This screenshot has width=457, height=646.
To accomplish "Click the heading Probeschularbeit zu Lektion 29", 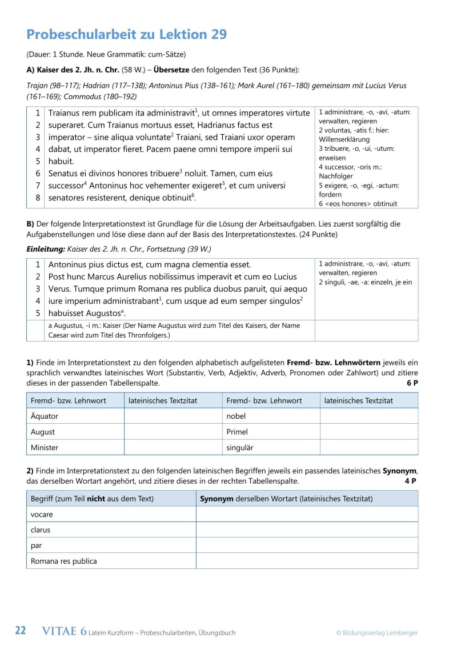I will (127, 34).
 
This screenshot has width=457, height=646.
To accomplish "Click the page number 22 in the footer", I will (21, 631).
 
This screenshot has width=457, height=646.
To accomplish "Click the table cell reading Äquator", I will (44, 416).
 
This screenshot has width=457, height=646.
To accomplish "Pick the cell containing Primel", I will (237, 432).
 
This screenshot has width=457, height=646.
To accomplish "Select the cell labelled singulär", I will (240, 447).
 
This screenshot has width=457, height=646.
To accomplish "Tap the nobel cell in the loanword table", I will (236, 416).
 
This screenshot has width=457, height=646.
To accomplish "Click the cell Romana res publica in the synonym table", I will (63, 561).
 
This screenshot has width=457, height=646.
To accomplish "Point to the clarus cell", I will (41, 529).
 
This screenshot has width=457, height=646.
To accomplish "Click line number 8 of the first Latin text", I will (38, 198).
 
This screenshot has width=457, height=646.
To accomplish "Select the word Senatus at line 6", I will (65, 173).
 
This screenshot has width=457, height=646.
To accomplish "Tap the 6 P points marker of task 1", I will (412, 383).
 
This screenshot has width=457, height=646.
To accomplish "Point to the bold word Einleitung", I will (45, 249).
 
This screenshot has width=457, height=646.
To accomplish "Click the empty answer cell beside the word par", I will (307, 545).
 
